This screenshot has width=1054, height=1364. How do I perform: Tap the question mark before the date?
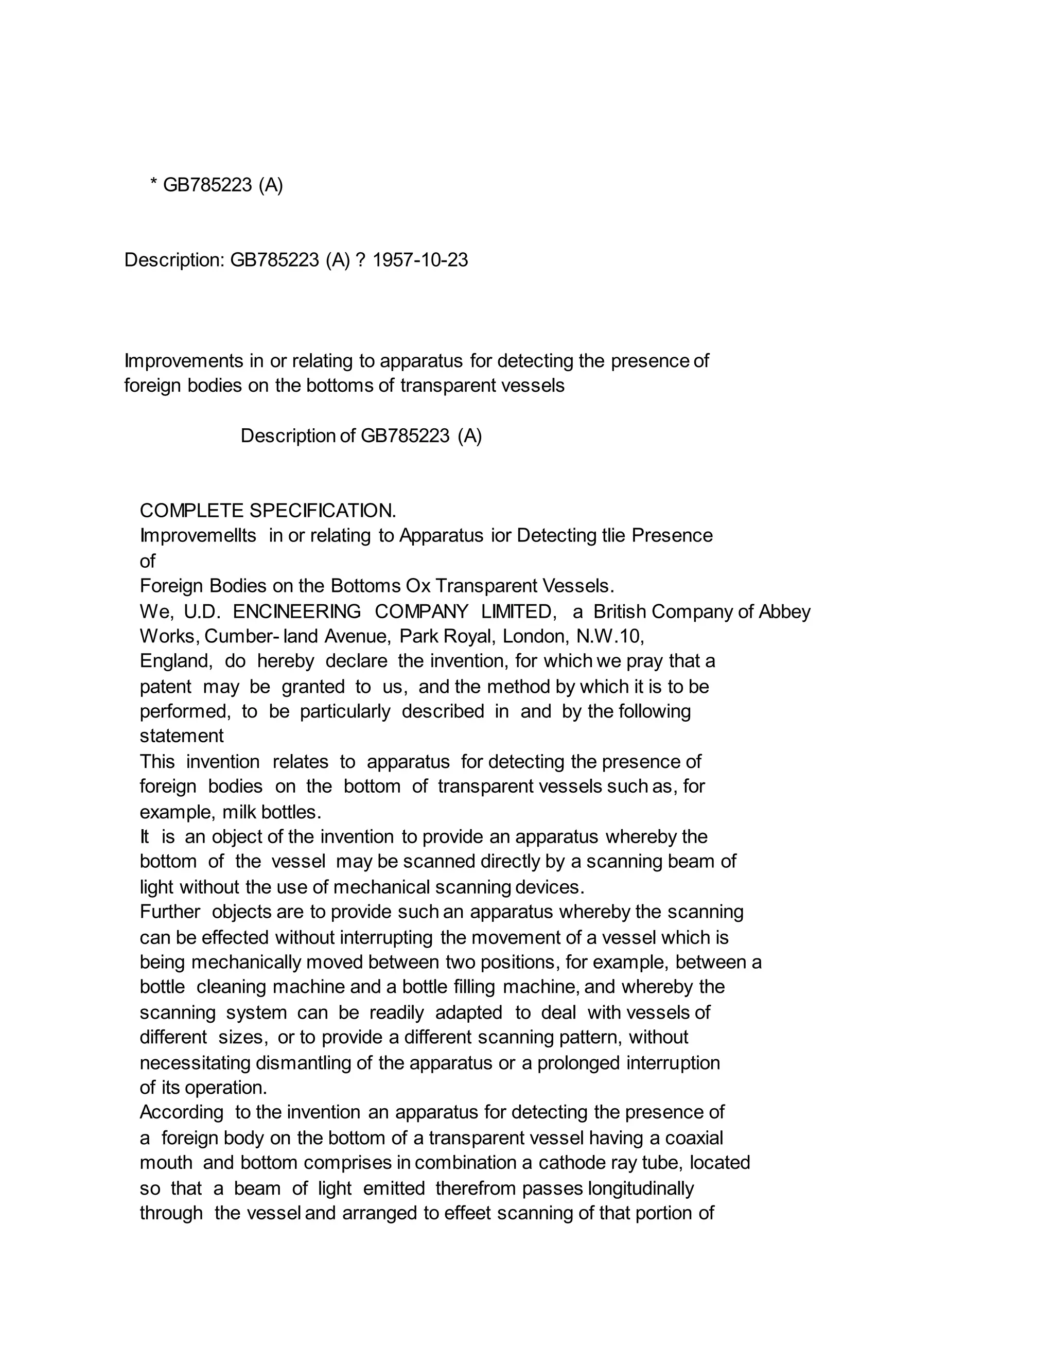coord(360,260)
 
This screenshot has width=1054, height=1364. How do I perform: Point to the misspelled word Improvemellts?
coord(198,535)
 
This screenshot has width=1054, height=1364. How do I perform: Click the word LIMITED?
coord(518,611)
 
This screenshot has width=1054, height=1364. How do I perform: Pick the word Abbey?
coord(784,611)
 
